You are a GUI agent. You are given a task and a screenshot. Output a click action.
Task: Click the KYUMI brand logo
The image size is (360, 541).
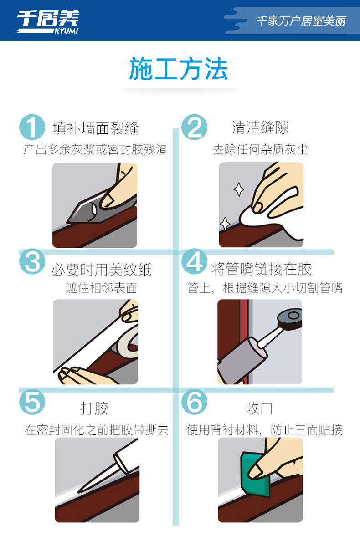(x=48, y=22)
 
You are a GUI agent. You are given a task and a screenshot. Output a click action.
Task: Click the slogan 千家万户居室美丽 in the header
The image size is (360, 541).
(x=301, y=21)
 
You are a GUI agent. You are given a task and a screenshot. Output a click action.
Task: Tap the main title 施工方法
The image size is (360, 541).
(x=179, y=69)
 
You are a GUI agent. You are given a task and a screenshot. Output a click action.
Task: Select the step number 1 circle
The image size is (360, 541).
(x=32, y=127)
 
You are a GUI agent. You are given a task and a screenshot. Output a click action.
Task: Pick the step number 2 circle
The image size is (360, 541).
(x=194, y=127)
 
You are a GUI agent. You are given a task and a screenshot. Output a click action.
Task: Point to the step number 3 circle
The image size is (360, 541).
(x=32, y=261)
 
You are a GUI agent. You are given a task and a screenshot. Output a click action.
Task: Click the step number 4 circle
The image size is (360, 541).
(x=194, y=261)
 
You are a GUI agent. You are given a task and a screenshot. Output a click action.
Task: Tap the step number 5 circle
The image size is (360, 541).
(x=32, y=402)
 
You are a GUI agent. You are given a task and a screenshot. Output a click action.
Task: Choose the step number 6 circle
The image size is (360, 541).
(x=194, y=402)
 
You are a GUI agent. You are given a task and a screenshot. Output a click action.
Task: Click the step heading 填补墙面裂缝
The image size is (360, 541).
(x=96, y=128)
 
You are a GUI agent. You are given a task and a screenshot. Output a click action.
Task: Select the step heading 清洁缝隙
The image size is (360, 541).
(x=260, y=128)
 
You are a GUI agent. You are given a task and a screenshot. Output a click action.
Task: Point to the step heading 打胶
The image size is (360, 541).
(x=95, y=408)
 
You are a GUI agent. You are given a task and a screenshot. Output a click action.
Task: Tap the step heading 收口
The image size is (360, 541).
(x=259, y=408)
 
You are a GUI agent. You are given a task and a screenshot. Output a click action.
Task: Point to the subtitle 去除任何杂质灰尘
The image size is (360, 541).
(x=260, y=149)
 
